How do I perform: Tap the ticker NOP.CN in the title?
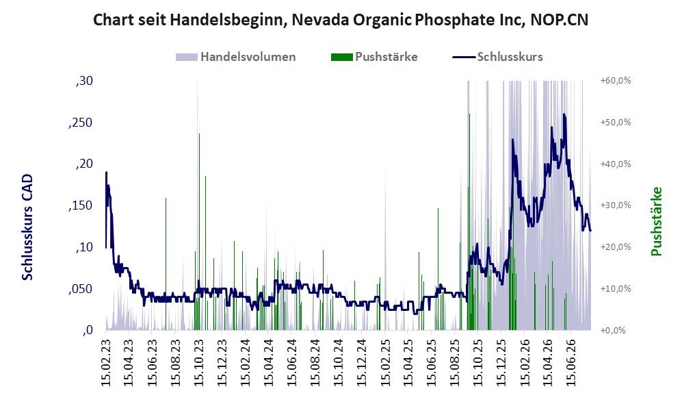560,20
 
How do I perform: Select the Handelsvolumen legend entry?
236,57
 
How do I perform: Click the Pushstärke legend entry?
374,57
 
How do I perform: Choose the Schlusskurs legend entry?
497,57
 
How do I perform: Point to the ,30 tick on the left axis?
84,81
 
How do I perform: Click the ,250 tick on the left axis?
81,123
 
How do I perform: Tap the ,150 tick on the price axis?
81,205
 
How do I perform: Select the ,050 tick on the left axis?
81,289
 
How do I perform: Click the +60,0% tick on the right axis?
616,81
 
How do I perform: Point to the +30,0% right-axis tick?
616,205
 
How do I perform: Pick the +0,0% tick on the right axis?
614,331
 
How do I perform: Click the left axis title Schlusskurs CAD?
27,227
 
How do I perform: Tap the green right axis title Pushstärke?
656,222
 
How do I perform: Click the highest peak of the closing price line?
564,114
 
